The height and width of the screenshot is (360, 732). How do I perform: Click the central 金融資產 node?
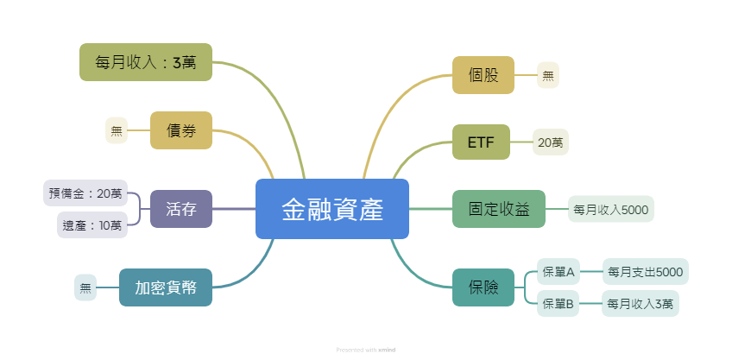pyautogui.click(x=332, y=209)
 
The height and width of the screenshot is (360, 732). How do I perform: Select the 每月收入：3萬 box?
pyautogui.click(x=146, y=62)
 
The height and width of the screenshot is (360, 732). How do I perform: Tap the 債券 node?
pyautogui.click(x=181, y=130)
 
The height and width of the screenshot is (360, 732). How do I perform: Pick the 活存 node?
pyautogui.click(x=181, y=209)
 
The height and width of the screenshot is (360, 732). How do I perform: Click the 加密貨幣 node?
pyautogui.click(x=166, y=287)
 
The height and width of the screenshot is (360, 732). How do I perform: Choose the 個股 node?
pyautogui.click(x=483, y=75)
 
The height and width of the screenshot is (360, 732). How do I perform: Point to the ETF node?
pyautogui.click(x=482, y=142)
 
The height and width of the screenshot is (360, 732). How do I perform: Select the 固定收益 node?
pyautogui.click(x=499, y=209)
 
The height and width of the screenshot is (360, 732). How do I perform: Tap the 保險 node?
pyautogui.click(x=483, y=287)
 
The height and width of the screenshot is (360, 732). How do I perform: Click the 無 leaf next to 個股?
pyautogui.click(x=548, y=75)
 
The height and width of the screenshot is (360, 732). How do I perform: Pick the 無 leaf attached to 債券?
pyautogui.click(x=117, y=130)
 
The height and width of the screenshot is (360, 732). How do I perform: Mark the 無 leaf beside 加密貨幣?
pyautogui.click(x=85, y=287)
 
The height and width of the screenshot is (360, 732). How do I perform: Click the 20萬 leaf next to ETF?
pyautogui.click(x=551, y=142)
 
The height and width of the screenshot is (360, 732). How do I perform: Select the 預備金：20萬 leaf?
pyautogui.click(x=85, y=193)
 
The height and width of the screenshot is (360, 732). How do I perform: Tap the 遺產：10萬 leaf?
pyautogui.click(x=92, y=225)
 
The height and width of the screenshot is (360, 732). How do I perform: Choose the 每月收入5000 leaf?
pyautogui.click(x=611, y=209)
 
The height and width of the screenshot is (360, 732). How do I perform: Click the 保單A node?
pyautogui.click(x=558, y=271)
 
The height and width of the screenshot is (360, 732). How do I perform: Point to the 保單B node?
pyautogui.click(x=558, y=304)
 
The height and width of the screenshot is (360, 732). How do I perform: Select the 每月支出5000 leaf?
pyautogui.click(x=646, y=271)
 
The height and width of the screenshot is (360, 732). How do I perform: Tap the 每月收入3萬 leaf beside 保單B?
pyautogui.click(x=640, y=304)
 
